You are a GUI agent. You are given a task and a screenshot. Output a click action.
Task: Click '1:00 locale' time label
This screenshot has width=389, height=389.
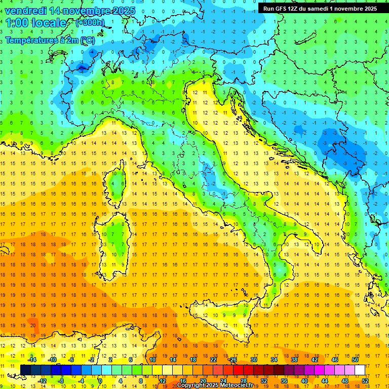pos(36,23)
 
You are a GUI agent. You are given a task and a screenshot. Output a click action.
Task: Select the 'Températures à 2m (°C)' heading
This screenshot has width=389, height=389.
pos(50,40)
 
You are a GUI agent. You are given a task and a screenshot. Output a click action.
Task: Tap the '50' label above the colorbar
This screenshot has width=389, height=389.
pos(355,360)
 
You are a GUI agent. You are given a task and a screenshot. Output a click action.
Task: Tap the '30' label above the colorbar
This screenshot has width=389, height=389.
pos(253,360)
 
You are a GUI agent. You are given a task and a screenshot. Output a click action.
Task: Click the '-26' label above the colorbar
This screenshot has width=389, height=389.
pos(232,360)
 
